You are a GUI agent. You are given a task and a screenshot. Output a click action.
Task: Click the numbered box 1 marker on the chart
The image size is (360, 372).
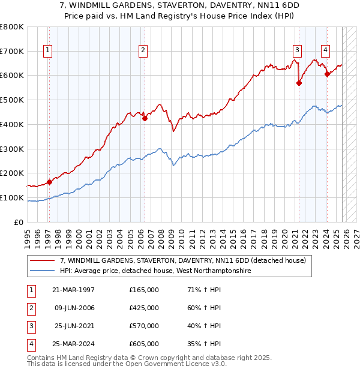pos(47,50)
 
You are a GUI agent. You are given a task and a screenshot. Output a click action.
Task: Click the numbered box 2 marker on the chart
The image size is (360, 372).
pos(143,50)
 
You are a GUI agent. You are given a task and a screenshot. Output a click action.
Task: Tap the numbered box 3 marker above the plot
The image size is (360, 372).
pos(297,50)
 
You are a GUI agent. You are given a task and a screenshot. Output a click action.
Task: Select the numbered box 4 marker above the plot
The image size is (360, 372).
pos(325,50)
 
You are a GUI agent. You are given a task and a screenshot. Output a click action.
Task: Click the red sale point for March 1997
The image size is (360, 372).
pos(49,181)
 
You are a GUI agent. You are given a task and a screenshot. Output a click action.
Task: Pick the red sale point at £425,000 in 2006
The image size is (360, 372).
pos(145,118)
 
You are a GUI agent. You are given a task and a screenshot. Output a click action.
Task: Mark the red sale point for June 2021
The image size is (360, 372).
pos(299,83)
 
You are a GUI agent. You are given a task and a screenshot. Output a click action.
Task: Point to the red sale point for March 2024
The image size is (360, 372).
pos(327,74)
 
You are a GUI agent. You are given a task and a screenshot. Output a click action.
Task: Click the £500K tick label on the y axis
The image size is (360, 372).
pos(12,100)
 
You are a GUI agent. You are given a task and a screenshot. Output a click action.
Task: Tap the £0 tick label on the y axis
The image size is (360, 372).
pos(20,222)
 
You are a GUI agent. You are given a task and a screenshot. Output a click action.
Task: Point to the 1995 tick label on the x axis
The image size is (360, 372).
pos(28,235)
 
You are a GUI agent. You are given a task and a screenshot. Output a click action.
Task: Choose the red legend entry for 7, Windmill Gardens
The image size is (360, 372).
pos(183,260)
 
